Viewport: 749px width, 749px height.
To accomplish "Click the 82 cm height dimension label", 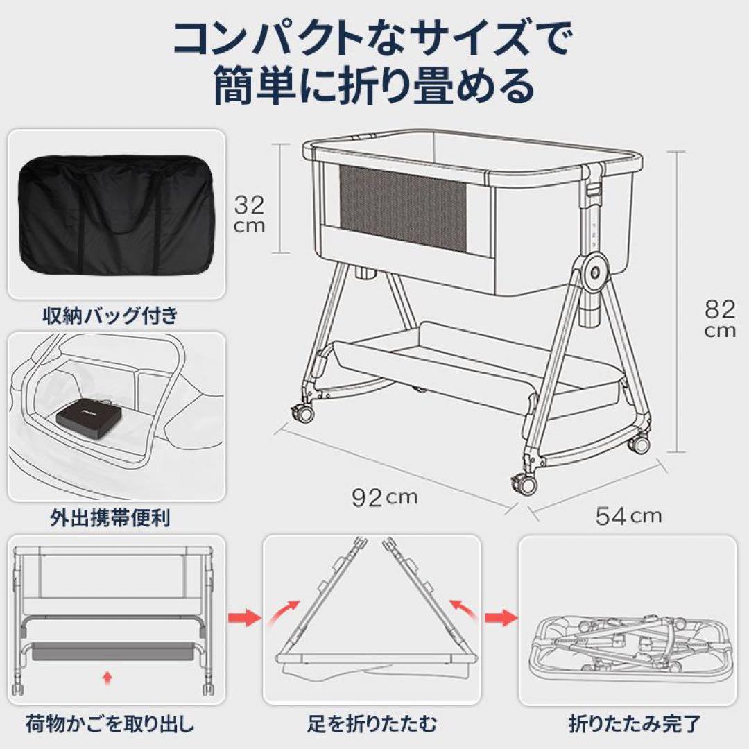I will coord(719,318).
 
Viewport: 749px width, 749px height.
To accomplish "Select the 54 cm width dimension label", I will coord(628,515).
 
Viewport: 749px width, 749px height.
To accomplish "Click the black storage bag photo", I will coord(116,218).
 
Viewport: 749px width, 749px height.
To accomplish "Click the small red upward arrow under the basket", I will coord(106,677).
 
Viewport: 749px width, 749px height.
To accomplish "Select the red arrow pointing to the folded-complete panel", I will coord(501,616).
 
